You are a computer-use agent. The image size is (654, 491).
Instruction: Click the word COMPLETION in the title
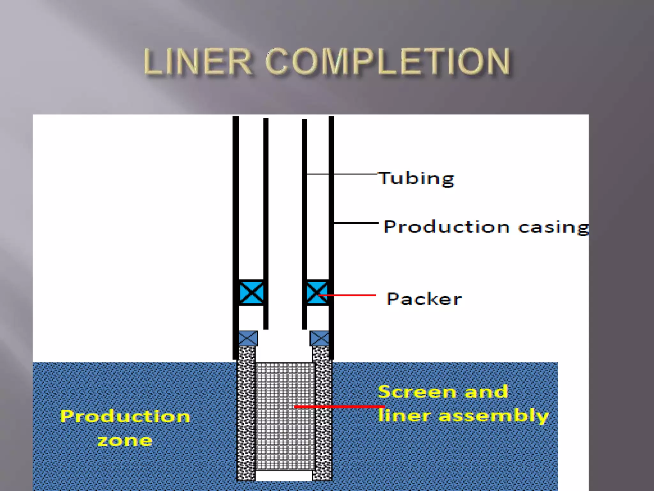pyautogui.click(x=388, y=62)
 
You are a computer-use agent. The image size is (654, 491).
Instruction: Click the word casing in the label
pyautogui.click(x=553, y=228)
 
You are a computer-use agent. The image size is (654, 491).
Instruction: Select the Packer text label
pyautogui.click(x=424, y=299)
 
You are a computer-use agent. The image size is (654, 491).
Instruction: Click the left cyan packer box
pyautogui.click(x=251, y=292)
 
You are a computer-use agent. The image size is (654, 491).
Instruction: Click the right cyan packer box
pyautogui.click(x=317, y=292)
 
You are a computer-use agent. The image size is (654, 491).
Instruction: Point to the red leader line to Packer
pyautogui.click(x=351, y=295)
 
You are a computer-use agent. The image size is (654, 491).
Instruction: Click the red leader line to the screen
pyautogui.click(x=338, y=407)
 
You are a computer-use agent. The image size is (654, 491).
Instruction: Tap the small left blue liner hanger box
pyautogui.click(x=248, y=338)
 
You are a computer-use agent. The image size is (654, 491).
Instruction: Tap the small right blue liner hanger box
pyautogui.click(x=319, y=338)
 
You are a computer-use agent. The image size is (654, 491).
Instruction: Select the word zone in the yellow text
pyautogui.click(x=125, y=441)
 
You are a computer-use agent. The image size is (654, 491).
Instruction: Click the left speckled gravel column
pyautogui.click(x=246, y=416)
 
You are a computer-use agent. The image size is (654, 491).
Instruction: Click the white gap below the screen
pyautogui.click(x=284, y=475)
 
